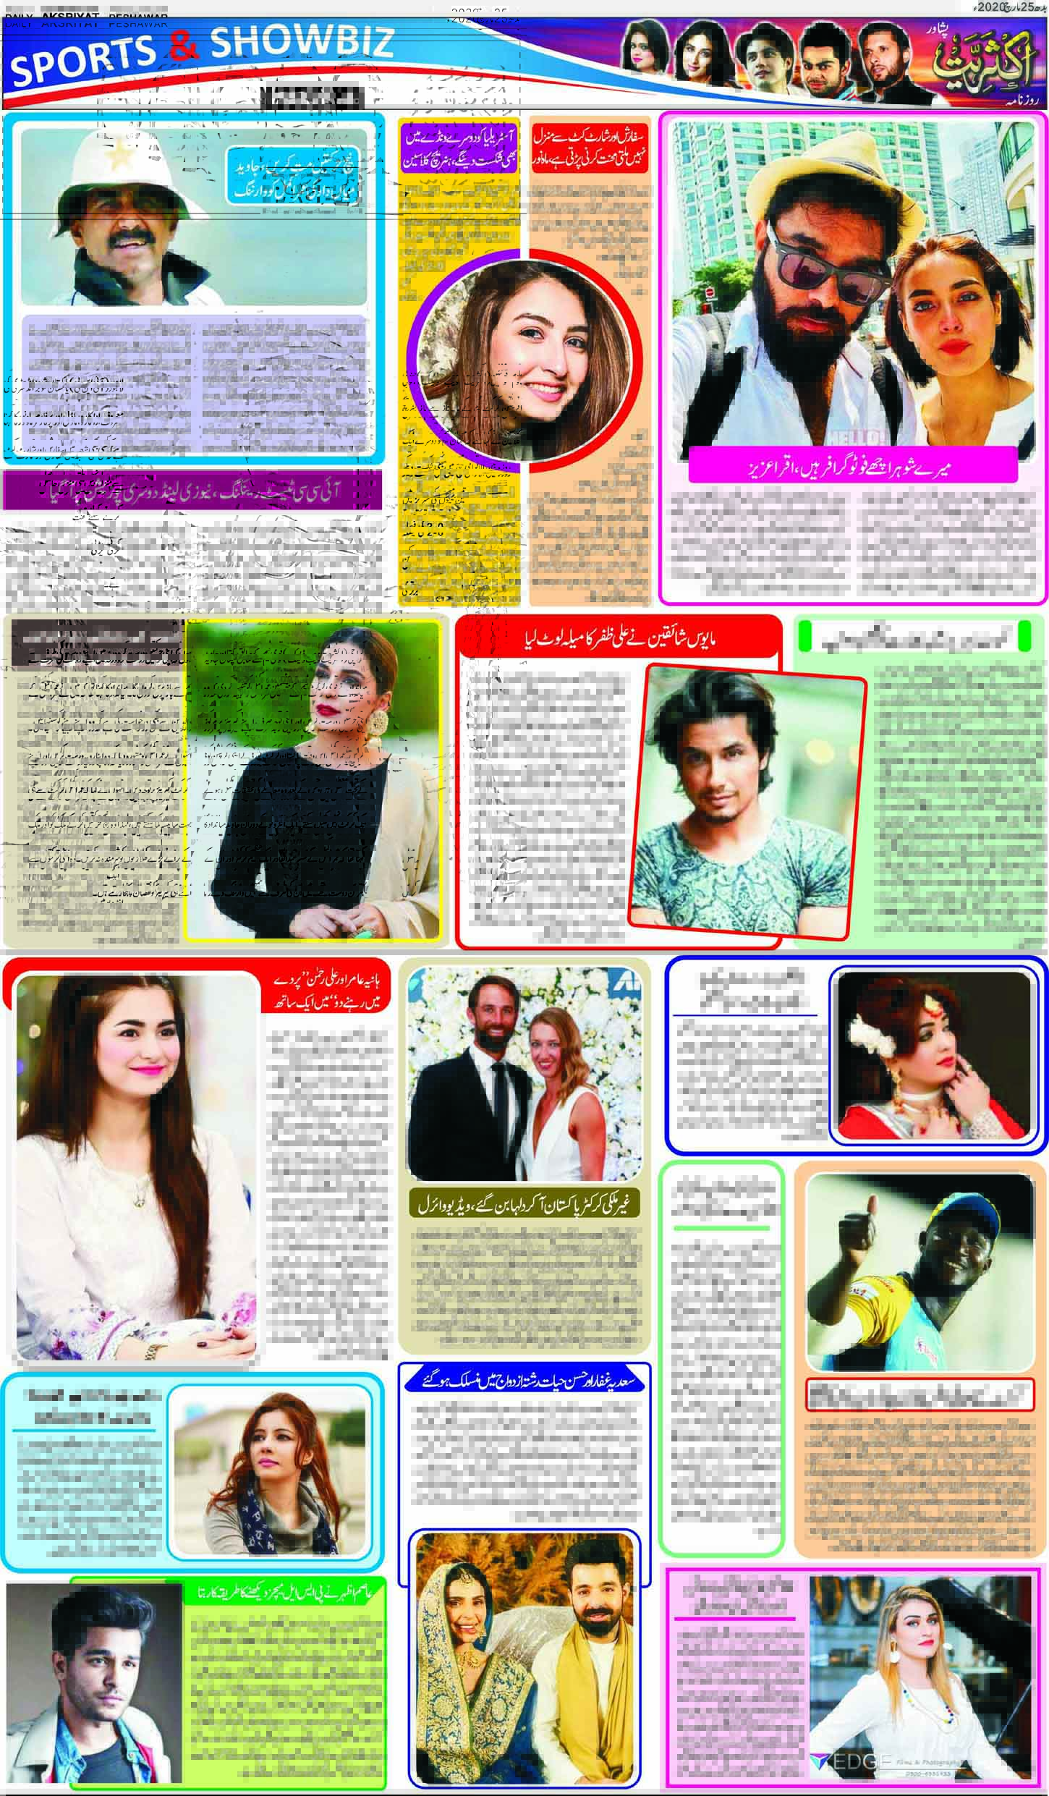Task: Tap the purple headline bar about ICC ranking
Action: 192,490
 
